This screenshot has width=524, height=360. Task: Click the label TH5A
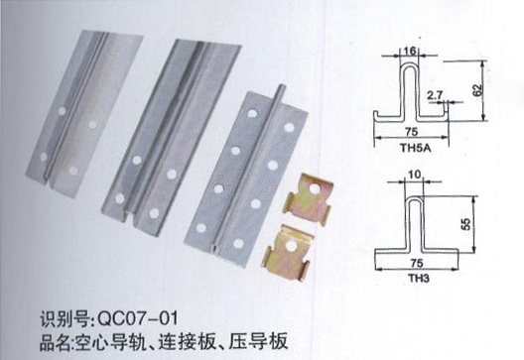click(x=416, y=148)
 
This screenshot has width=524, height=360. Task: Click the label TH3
click(x=419, y=278)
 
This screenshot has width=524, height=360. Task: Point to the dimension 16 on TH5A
click(x=409, y=51)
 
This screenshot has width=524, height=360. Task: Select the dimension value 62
click(x=478, y=90)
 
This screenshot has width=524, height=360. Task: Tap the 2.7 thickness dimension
click(x=434, y=95)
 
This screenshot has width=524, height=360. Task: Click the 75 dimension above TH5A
click(x=412, y=131)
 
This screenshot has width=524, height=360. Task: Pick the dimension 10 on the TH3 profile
click(x=415, y=175)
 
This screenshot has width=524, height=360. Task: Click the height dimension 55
click(x=466, y=224)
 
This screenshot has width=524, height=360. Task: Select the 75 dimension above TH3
click(x=417, y=263)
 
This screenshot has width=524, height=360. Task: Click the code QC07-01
click(x=137, y=318)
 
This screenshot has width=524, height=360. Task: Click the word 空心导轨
click(x=110, y=341)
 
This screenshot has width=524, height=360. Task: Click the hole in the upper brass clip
click(x=315, y=189)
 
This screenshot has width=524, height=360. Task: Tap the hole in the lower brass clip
click(x=291, y=246)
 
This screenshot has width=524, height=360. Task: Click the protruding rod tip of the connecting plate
click(x=282, y=87)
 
